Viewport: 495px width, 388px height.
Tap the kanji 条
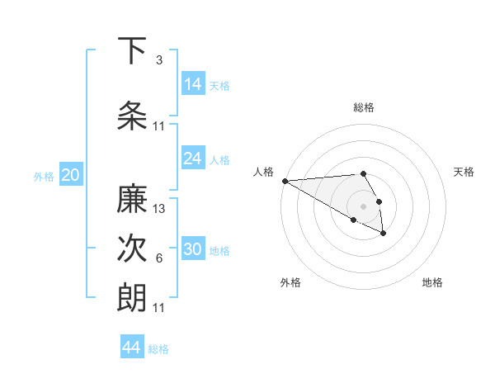click(133, 115)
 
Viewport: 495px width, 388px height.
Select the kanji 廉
click(132, 199)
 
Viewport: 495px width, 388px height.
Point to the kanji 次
click(132, 248)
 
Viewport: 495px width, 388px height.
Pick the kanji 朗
click(132, 297)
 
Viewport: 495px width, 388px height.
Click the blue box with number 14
click(193, 83)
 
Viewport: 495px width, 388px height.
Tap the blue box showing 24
click(193, 158)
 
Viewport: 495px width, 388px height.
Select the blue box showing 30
click(193, 248)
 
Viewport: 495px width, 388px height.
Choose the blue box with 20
click(71, 174)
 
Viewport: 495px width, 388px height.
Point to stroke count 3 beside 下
click(159, 60)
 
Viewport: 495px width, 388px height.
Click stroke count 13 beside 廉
click(159, 209)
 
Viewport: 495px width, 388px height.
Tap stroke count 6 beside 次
click(159, 258)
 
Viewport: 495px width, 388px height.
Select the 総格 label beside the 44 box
click(158, 349)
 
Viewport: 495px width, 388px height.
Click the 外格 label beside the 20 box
click(44, 176)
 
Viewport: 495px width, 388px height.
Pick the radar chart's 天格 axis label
click(464, 172)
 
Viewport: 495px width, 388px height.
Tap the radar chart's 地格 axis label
click(432, 282)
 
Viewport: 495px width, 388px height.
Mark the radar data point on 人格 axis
click(285, 181)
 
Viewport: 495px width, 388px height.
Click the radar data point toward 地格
click(384, 234)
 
